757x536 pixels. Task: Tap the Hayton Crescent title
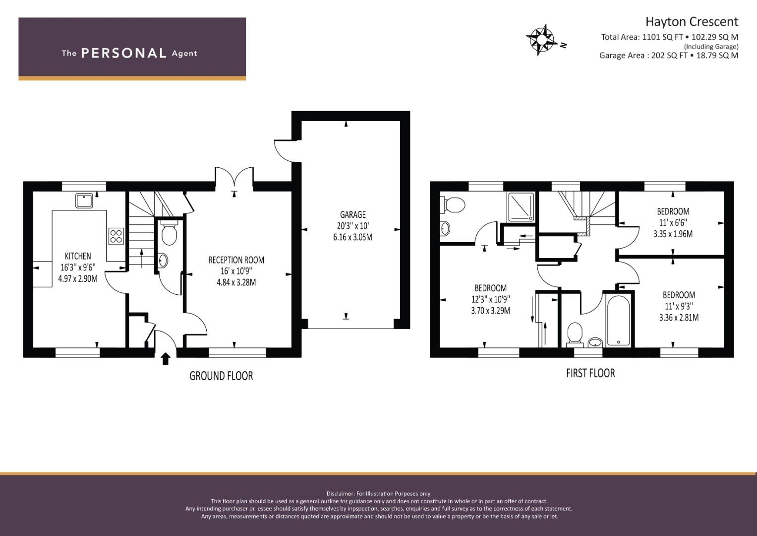click(x=692, y=22)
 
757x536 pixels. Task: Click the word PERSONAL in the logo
click(x=124, y=53)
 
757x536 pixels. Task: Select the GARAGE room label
click(x=353, y=214)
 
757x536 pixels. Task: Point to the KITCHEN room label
click(x=78, y=256)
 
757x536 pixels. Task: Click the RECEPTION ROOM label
click(x=236, y=260)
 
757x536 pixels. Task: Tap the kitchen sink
click(x=84, y=201)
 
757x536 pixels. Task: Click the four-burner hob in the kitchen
click(x=116, y=236)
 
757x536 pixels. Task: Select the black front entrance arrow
click(x=165, y=359)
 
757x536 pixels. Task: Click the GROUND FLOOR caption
click(x=221, y=376)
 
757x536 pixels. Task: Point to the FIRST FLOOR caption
click(x=590, y=373)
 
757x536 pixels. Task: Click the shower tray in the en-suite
click(x=521, y=207)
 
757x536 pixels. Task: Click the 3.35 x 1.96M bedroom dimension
click(x=673, y=234)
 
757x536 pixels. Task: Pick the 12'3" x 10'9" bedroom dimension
click(x=491, y=299)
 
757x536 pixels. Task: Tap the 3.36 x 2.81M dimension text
click(x=679, y=318)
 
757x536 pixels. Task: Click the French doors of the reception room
click(x=234, y=177)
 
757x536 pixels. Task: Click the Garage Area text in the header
click(x=669, y=56)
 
